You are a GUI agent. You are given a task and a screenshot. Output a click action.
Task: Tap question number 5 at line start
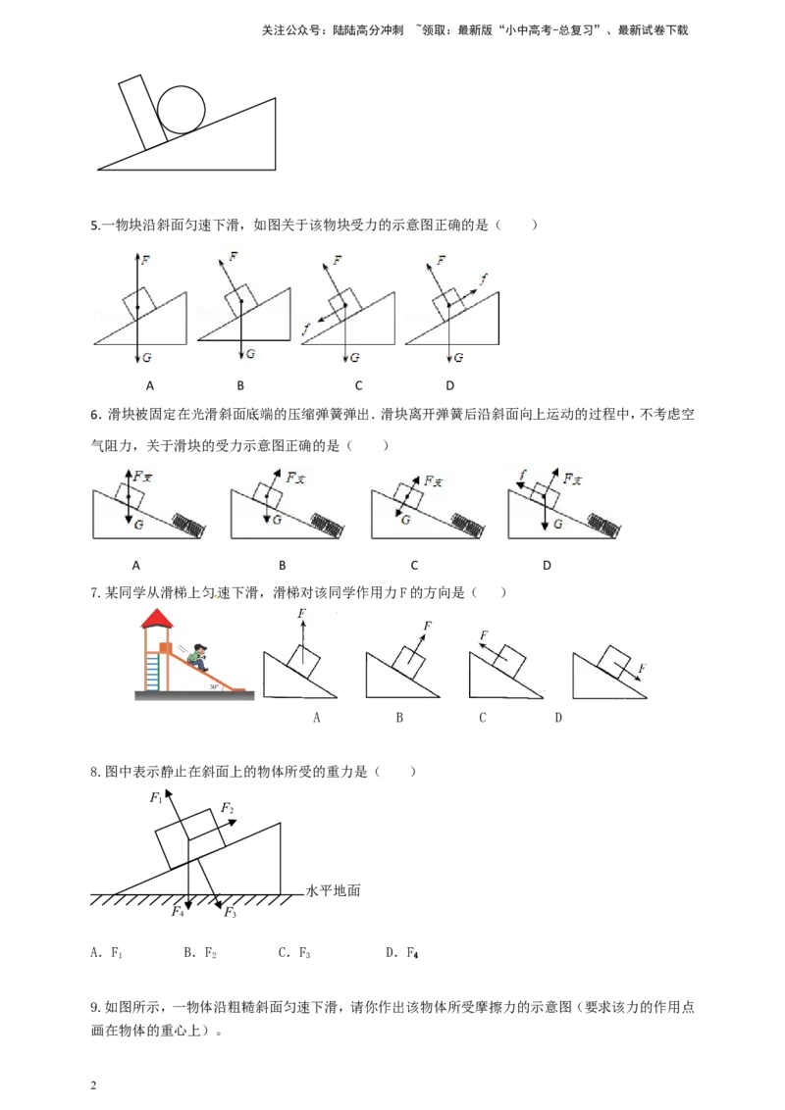click(x=95, y=226)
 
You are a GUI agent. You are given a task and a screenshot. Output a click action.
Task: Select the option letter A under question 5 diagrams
click(x=149, y=385)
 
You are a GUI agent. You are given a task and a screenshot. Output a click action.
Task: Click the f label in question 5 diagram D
click(x=483, y=278)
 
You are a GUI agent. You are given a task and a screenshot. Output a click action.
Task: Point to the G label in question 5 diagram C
click(x=355, y=358)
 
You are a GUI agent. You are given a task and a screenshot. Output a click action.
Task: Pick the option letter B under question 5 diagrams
click(x=240, y=385)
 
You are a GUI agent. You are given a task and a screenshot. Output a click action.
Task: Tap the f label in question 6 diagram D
click(x=523, y=476)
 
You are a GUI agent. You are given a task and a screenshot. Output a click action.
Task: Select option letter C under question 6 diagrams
click(x=414, y=566)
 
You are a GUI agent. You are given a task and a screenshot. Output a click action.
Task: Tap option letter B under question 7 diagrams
click(x=399, y=718)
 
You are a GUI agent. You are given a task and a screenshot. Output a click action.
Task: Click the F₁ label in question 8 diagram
click(x=157, y=798)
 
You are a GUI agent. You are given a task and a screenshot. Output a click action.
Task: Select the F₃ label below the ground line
click(x=231, y=913)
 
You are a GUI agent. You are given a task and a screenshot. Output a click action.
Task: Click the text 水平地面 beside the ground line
click(x=333, y=890)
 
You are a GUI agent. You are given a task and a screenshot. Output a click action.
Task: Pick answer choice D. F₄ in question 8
click(x=401, y=953)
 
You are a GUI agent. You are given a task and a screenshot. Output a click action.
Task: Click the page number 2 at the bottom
click(x=93, y=1085)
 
